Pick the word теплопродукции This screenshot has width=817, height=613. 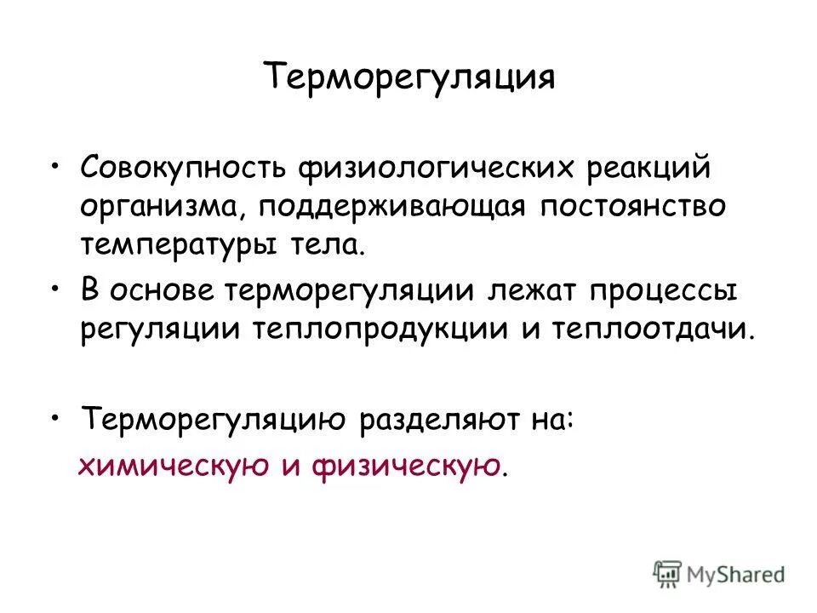click(412, 330)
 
